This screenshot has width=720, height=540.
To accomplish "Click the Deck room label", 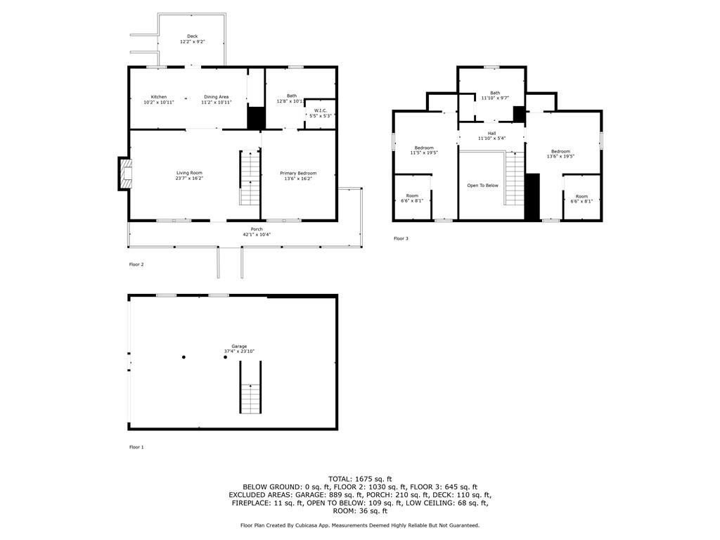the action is (x=193, y=37).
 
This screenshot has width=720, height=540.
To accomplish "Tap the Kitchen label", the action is (x=159, y=97).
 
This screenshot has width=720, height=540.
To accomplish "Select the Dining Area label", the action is (x=217, y=97).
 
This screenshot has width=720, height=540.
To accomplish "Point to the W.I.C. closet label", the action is (x=321, y=110).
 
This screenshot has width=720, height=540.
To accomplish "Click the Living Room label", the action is (x=189, y=173).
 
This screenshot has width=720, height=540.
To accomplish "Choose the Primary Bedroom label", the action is (x=298, y=173).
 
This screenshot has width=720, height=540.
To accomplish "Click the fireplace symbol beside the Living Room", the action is (x=125, y=174).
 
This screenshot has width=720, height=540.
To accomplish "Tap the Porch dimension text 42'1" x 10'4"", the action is (x=257, y=235).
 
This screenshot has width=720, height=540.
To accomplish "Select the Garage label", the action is (x=239, y=346).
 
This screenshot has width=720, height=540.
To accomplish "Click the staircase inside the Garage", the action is (x=250, y=387).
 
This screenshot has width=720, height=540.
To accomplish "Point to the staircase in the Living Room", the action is (x=250, y=177).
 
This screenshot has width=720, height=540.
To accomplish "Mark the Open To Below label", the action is (x=482, y=186).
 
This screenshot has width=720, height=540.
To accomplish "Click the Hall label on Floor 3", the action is (x=491, y=133).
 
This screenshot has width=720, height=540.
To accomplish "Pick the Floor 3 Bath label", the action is (x=495, y=93).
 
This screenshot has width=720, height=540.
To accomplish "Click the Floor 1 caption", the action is (x=136, y=446).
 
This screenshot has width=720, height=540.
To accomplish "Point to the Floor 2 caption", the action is (x=136, y=264).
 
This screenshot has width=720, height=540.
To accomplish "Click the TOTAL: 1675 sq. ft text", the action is (x=360, y=479).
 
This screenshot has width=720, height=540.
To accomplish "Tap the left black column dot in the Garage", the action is (x=184, y=356).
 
